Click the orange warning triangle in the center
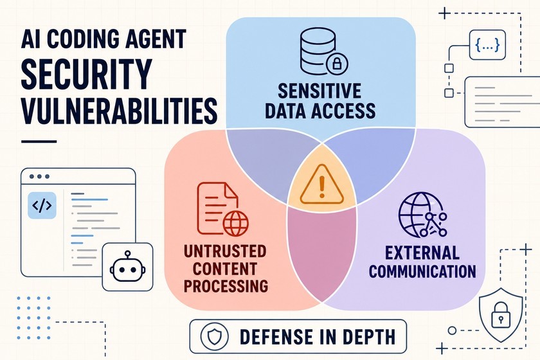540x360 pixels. [321, 185]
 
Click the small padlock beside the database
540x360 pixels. [336, 64]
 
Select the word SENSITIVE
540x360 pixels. [319, 91]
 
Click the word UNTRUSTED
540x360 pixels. [225, 251]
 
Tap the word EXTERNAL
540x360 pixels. [422, 253]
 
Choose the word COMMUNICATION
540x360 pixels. [422, 271]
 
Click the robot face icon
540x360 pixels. [127, 267]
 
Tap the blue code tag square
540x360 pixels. [42, 205]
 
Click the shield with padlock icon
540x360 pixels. [500, 314]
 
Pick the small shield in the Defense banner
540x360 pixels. [214, 336]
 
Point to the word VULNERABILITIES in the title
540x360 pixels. [119, 111]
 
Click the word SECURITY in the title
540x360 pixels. [86, 73]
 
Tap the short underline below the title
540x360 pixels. [39, 141]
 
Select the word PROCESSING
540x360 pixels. [226, 286]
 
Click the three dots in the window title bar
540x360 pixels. [39, 176]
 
